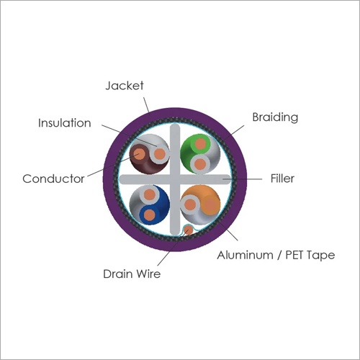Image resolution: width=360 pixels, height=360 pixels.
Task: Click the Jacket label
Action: click(125, 86)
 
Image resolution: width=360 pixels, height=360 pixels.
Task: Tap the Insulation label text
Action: click(65, 123)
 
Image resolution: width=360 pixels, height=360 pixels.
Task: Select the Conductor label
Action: click(53, 179)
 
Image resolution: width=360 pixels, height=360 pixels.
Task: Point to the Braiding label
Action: click(275, 117)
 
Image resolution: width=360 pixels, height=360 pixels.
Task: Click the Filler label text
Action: click(282, 179)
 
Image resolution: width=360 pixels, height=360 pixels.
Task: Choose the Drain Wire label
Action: click(132, 274)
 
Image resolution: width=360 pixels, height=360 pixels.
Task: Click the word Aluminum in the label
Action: click(245, 255)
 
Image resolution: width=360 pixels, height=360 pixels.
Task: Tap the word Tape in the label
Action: click(321, 256)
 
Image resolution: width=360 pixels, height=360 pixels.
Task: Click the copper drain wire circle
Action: click(189, 230)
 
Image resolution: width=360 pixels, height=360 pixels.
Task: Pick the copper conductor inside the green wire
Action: click(200, 144)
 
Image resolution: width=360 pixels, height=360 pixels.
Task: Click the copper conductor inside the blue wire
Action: click(150, 215)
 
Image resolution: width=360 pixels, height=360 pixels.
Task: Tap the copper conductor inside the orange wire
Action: click(210, 204)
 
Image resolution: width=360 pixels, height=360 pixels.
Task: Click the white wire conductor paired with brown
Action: click(160, 154)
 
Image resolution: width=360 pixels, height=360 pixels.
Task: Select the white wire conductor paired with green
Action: click(200, 164)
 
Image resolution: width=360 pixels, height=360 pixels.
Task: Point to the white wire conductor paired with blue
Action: click(150, 194)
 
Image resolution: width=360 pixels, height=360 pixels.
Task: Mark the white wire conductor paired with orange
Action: click(190, 204)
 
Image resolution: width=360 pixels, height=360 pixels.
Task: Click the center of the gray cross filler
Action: click(175, 179)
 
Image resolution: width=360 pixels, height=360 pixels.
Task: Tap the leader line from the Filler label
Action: click(243, 179)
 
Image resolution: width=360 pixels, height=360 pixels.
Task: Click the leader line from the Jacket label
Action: click(147, 105)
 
